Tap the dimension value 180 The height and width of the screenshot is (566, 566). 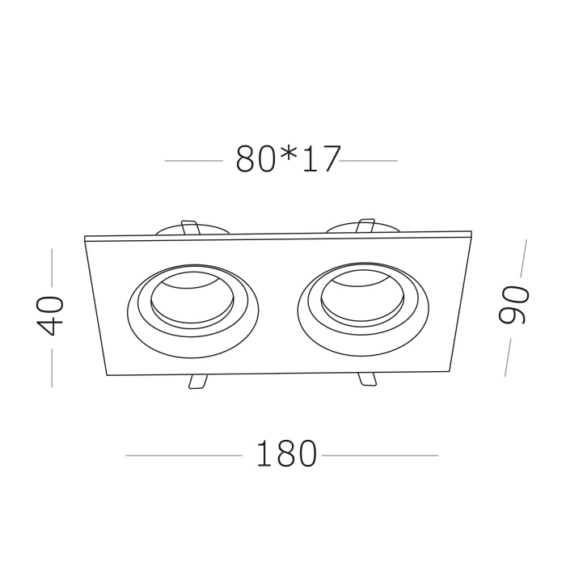coord(286,455)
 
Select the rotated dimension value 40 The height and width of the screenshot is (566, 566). coord(50,315)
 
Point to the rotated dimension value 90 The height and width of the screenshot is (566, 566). coord(514,305)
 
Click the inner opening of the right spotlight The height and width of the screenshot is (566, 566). coord(361,298)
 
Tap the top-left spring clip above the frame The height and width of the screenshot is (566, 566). coord(191,229)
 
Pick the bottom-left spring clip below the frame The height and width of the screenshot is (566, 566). coord(196,382)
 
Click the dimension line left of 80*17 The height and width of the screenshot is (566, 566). coord(193,161)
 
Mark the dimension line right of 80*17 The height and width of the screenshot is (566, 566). coord(369,161)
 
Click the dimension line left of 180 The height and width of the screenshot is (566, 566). coord(184,456)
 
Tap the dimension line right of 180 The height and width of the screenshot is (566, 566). coord(379,456)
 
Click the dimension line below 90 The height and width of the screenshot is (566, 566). coord(509,357)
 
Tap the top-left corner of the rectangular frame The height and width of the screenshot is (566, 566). coord(86,237)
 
